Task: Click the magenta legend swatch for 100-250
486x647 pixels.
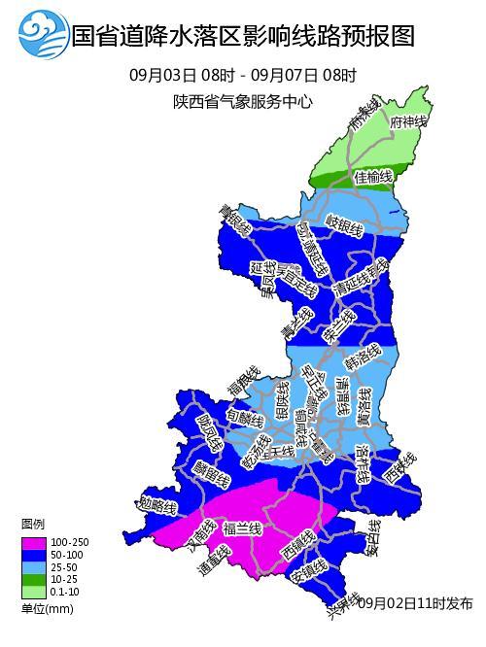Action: point(32,541)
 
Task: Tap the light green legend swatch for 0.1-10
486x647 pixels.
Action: point(32,592)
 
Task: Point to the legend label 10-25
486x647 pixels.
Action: point(64,579)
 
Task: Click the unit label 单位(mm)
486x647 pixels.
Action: point(46,608)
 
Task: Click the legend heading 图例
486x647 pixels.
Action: point(33,525)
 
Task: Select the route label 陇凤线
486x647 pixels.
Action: point(208,430)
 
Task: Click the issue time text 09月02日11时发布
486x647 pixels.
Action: point(415,603)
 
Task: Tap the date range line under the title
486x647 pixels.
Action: point(242,76)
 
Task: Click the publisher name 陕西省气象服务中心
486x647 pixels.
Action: point(242,101)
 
